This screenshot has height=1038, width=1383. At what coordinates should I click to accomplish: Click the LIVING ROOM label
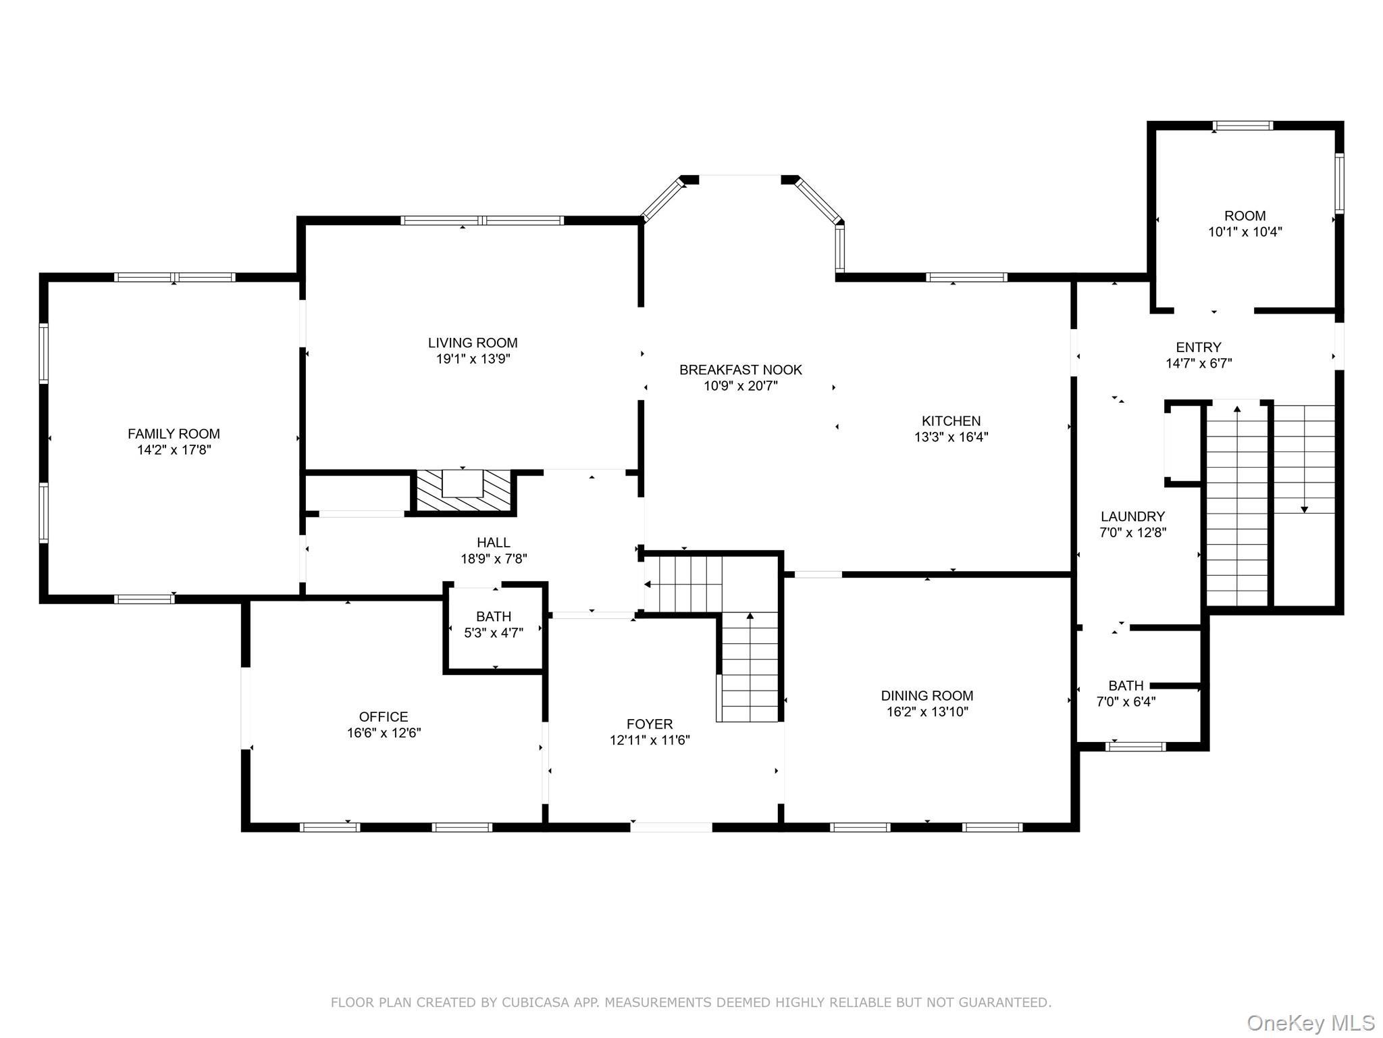(473, 343)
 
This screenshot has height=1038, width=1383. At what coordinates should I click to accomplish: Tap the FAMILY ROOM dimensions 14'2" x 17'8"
(174, 450)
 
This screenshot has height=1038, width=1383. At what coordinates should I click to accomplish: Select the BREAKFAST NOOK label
(741, 370)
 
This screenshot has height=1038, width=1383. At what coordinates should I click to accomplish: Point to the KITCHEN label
(951, 421)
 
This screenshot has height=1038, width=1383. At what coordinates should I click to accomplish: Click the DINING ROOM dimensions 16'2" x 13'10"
(927, 712)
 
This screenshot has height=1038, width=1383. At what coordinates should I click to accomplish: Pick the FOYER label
(650, 724)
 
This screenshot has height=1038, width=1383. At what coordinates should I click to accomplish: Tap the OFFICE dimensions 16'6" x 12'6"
(384, 733)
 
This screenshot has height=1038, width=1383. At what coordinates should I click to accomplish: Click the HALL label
(494, 543)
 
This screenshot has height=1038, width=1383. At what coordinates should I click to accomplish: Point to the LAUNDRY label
(1132, 516)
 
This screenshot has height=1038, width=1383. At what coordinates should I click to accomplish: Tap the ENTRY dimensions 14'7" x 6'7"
(1199, 364)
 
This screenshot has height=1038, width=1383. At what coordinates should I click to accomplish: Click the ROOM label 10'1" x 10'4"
(1245, 216)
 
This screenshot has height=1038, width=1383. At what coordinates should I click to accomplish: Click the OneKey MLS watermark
(1311, 1023)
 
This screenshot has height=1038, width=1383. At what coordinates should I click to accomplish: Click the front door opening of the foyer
(671, 826)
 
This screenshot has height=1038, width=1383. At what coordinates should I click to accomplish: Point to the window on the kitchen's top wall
(966, 277)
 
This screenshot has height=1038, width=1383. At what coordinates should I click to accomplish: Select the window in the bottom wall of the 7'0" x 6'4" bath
(1136, 747)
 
